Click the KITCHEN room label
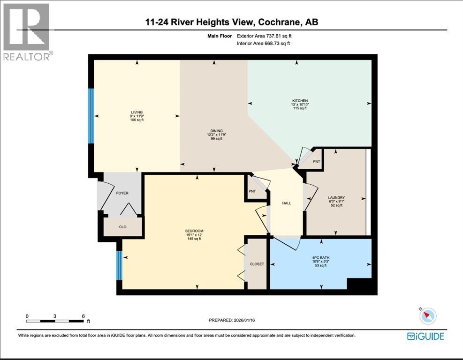coord(300,101)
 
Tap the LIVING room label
coord(137,112)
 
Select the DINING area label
coord(216,131)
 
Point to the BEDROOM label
coord(194,231)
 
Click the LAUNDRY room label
coord(336,198)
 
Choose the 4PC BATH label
coord(321,258)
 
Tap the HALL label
coord(287,203)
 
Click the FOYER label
coord(122,193)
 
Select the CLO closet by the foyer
coord(122,227)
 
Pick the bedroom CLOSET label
coord(257,264)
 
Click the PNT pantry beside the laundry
coord(317,162)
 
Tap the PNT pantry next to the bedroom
coord(252,191)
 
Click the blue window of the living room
coord(91,116)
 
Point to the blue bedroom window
coord(119,265)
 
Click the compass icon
coord(427,316)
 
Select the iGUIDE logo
coord(425,337)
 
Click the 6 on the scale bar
coord(83,316)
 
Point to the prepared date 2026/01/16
coord(244,320)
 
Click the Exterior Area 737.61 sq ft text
coord(264,36)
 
